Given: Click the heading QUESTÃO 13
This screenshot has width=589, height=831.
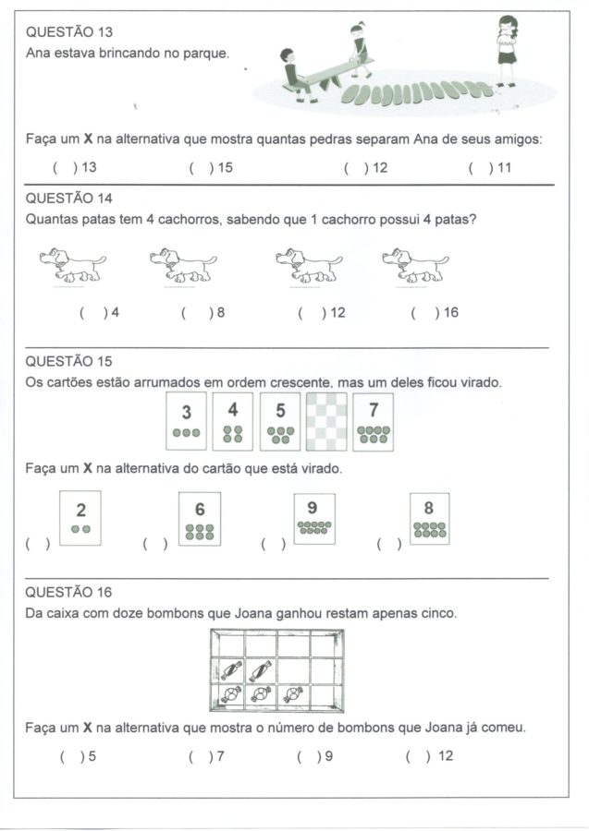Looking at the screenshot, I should pos(68,33).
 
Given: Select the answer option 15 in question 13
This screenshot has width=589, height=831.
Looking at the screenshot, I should pos(205,167).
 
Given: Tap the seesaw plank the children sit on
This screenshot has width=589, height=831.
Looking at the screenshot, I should pos(329,72).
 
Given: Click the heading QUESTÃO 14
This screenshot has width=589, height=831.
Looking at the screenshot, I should pos(68,198).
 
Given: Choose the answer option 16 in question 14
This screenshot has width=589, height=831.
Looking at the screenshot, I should pos(435,313).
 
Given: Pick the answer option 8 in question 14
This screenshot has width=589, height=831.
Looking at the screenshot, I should pos(203,313).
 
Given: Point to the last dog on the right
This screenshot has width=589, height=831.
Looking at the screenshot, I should pos(415,265).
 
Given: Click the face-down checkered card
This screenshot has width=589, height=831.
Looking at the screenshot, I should pos(326,422).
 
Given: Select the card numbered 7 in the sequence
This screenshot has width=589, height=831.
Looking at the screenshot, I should pos(373,422).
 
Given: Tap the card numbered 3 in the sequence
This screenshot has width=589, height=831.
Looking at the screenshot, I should pos(186,422).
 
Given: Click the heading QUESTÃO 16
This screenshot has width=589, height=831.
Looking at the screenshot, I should pos(68,592).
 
